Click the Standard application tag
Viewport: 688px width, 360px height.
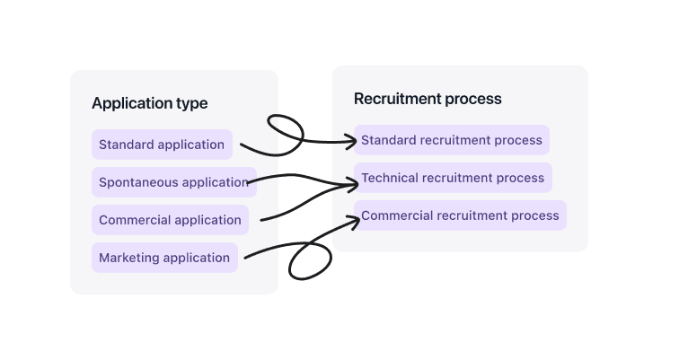click(x=162, y=145)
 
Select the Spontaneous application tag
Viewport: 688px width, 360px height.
click(x=173, y=182)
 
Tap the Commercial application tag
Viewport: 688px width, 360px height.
click(x=170, y=220)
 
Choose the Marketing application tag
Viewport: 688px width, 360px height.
click(x=164, y=258)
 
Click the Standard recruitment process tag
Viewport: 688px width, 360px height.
click(x=452, y=140)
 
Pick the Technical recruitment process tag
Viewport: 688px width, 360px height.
click(x=453, y=178)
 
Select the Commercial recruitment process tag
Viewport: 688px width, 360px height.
click(x=460, y=215)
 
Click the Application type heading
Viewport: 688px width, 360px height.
click(x=149, y=103)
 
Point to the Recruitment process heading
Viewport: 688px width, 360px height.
click(x=428, y=99)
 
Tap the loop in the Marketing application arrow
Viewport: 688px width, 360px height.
click(x=310, y=260)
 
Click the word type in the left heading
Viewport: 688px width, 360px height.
click(x=193, y=103)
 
